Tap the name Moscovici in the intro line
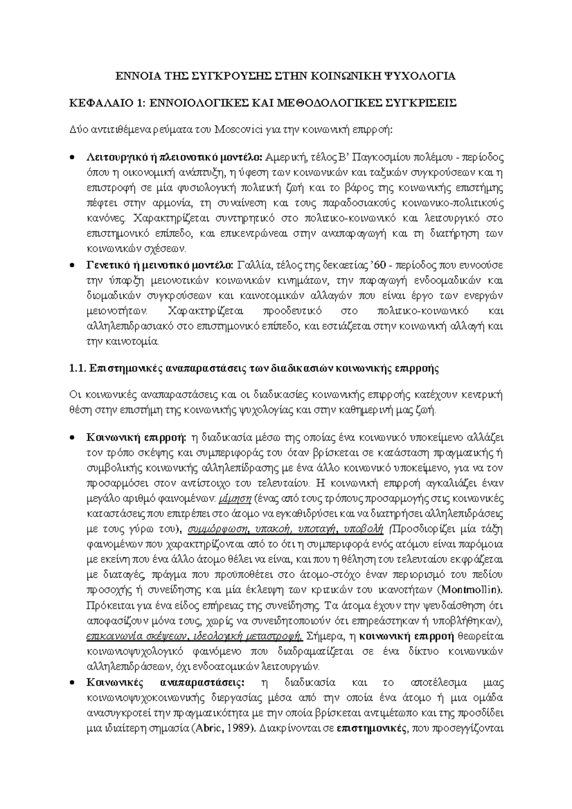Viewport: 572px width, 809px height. pos(238,130)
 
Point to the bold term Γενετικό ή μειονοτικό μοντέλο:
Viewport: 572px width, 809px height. pos(160,265)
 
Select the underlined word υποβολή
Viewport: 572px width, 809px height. pos(362,529)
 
